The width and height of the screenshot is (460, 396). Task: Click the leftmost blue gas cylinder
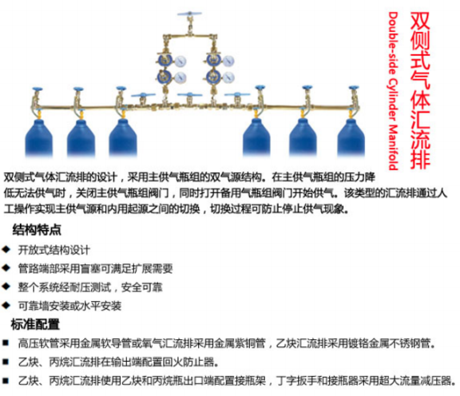[x=38, y=138]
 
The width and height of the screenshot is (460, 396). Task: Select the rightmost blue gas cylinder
[x=351, y=137]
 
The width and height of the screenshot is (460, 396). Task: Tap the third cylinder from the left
[x=123, y=137]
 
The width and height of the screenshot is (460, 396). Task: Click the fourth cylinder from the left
[x=256, y=137]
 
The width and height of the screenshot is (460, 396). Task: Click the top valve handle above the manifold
[x=189, y=14]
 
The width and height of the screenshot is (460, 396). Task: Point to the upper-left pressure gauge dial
[x=180, y=61]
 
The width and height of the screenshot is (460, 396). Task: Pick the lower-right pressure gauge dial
[x=228, y=77]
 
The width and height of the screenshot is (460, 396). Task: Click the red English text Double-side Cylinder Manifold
[x=393, y=91]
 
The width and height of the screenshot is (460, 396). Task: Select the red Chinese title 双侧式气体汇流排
[x=420, y=90]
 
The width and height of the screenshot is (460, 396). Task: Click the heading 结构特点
[x=37, y=230]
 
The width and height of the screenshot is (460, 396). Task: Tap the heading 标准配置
[x=35, y=324]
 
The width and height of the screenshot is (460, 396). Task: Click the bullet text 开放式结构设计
[x=54, y=250]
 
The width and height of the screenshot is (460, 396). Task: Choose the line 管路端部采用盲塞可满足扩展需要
[x=95, y=268]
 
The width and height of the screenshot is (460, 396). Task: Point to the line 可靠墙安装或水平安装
[x=69, y=306]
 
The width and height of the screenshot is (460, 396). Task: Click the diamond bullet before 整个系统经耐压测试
[x=6, y=287]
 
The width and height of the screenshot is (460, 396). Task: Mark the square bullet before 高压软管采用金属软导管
[x=6, y=343]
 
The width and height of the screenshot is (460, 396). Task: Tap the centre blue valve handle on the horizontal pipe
[x=189, y=95]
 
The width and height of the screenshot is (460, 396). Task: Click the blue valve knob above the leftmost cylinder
[x=38, y=89]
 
